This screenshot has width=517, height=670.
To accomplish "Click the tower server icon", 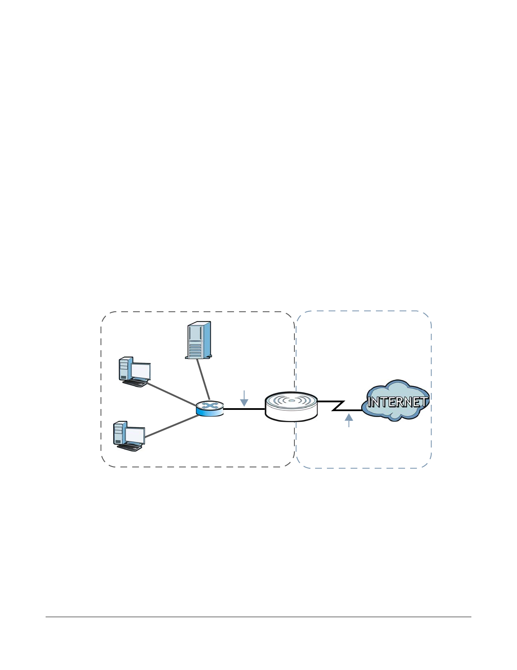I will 198,340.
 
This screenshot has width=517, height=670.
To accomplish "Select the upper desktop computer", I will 135,371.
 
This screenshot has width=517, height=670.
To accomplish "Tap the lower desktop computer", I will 129,436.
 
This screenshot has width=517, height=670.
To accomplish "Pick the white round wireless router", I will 291,406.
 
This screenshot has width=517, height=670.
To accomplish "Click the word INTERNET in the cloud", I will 397,402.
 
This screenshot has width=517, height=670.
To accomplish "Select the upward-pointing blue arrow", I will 349,420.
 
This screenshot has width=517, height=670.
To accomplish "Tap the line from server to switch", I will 203,379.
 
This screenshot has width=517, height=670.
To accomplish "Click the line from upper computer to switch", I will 172,394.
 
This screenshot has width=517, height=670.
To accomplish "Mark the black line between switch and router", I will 244,409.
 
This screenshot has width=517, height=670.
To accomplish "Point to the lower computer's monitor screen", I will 135,435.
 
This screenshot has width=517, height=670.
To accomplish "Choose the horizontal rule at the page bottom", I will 258,617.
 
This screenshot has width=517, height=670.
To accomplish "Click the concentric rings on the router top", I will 291,400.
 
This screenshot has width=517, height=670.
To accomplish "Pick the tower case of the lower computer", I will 120,433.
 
